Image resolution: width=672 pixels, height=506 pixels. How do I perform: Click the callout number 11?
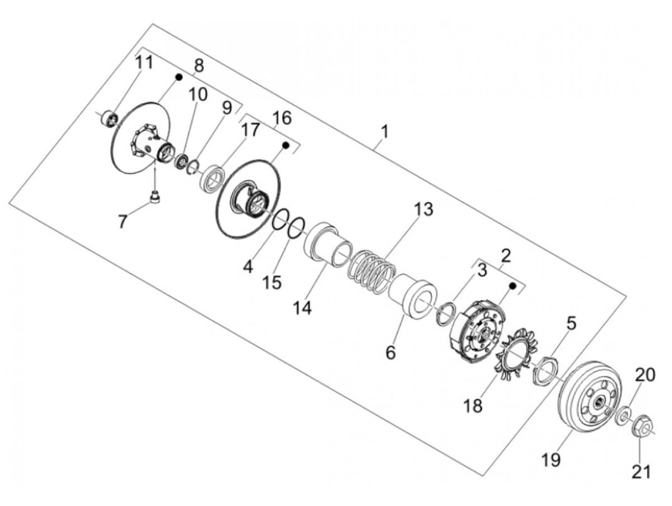coord(144,62)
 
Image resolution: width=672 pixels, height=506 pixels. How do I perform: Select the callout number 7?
coord(123,221)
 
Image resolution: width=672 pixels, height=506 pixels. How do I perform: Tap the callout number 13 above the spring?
coord(423,209)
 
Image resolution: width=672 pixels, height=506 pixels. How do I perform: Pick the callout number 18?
coord(473,406)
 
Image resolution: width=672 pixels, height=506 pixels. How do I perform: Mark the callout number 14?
coord(302,307)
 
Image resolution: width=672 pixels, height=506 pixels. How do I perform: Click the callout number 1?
coord(385,132)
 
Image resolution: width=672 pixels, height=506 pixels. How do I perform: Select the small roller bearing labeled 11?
coord(109,119)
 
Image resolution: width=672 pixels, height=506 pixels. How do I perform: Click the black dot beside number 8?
coord(179,77)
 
